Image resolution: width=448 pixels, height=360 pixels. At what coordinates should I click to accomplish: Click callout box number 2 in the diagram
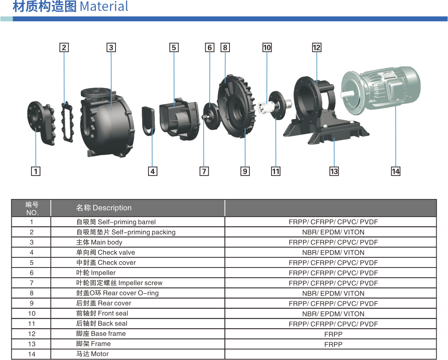pos(64,47)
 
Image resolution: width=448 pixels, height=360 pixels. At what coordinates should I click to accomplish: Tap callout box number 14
pos(395,171)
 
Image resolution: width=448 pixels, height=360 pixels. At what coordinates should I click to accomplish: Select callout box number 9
pos(245,171)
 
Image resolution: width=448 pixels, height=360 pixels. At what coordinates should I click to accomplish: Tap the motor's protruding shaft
pos(347,94)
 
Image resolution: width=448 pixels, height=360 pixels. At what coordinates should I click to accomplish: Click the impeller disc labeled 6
pos(212,116)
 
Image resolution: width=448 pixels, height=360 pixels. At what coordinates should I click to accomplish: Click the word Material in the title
pos(104,6)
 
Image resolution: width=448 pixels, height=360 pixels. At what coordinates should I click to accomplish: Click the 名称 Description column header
pos(104,208)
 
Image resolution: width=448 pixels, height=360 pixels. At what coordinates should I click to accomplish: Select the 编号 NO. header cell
pos(31,208)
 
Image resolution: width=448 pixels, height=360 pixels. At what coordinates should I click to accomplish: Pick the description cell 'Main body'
pos(99,242)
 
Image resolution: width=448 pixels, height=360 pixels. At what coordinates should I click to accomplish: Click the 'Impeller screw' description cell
pos(119,283)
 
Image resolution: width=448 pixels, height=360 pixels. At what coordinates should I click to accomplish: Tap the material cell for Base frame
pos(333,334)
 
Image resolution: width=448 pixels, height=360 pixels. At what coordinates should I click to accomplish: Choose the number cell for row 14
pos(31,354)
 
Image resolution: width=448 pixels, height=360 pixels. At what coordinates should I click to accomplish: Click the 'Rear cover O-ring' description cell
pos(117,293)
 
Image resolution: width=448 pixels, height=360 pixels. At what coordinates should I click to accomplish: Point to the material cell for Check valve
pos(333,252)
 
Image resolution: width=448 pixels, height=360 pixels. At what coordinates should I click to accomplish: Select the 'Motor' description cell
pos(92,354)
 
